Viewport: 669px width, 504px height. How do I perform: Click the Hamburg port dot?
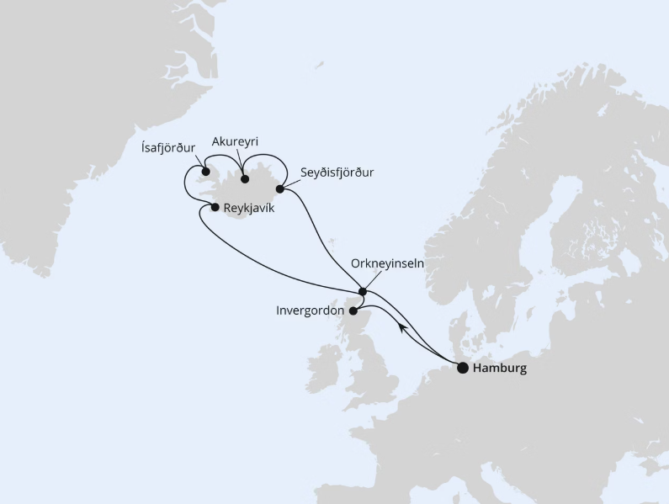click(463, 368)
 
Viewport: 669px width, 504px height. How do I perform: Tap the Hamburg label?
click(500, 368)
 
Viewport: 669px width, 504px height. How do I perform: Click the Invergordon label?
click(310, 310)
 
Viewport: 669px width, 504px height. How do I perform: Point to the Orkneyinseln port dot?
click(363, 292)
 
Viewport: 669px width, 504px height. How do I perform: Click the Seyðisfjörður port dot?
click(280, 188)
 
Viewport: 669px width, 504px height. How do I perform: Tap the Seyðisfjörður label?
click(337, 172)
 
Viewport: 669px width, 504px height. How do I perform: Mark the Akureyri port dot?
click(245, 178)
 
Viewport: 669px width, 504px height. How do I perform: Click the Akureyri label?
click(235, 141)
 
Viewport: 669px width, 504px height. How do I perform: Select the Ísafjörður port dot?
click(205, 172)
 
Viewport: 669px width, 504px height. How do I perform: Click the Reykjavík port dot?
click(215, 207)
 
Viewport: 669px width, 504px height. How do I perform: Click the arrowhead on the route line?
click(403, 326)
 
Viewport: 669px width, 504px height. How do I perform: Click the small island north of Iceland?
click(319, 64)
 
